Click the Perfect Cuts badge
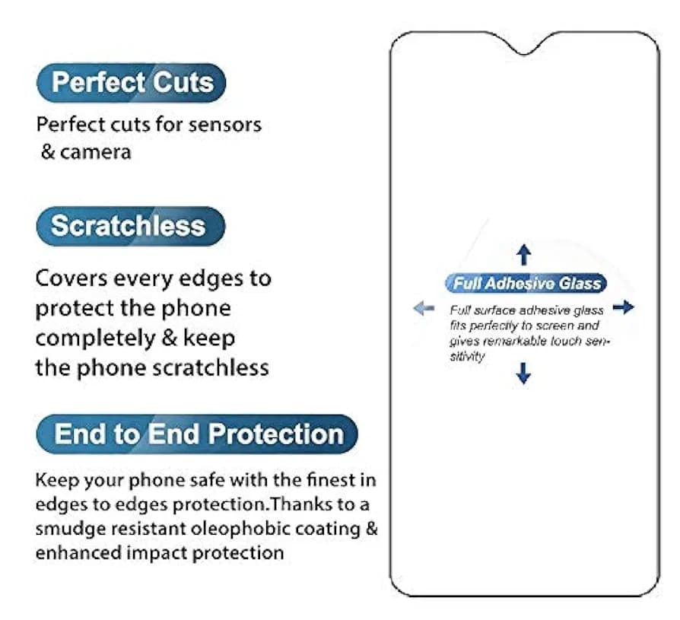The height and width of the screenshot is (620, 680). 132,82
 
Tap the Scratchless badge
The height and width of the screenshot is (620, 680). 131,226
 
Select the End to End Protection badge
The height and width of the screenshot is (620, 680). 197,434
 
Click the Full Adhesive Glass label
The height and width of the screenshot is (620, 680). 526,283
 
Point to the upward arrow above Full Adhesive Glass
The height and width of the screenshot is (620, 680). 524,254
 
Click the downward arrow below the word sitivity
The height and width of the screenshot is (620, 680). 524,373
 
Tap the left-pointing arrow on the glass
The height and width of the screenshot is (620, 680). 424,309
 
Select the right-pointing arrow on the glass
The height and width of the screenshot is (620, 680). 624,307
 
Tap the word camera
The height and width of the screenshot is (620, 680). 95,152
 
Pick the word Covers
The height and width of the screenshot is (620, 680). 71,278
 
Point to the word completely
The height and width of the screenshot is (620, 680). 95,339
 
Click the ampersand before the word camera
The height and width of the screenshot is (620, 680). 48,152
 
